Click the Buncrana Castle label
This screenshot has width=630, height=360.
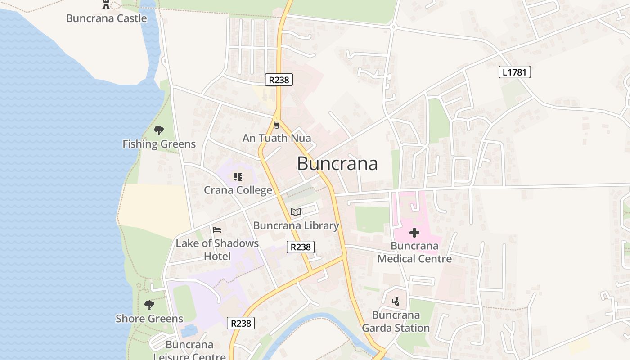pyautogui.click(x=106, y=18)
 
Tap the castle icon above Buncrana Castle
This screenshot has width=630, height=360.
pyautogui.click(x=106, y=5)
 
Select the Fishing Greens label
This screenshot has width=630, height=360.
pyautogui.click(x=159, y=144)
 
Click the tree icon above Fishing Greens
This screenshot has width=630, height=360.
pyautogui.click(x=158, y=130)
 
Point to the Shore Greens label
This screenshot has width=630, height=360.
pyautogui.click(x=149, y=319)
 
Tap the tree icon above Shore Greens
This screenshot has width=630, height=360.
pyautogui.click(x=149, y=305)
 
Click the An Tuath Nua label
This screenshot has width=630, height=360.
pyautogui.click(x=277, y=138)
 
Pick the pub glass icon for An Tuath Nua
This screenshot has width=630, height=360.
pyautogui.click(x=277, y=125)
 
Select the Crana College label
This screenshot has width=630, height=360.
pyautogui.click(x=238, y=190)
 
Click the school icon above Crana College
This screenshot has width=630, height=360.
pyautogui.click(x=238, y=177)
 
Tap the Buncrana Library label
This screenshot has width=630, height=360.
pyautogui.click(x=296, y=225)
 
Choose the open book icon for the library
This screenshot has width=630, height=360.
pyautogui.click(x=295, y=212)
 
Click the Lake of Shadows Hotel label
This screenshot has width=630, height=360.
pyautogui.click(x=217, y=250)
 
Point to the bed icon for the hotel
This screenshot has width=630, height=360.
pyautogui.click(x=217, y=230)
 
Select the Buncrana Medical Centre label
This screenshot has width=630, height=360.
pyautogui.click(x=414, y=252)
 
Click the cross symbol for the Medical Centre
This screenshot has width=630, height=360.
pyautogui.click(x=414, y=233)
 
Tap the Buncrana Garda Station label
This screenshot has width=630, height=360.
pyautogui.click(x=396, y=321)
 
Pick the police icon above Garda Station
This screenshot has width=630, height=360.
pyautogui.click(x=396, y=301)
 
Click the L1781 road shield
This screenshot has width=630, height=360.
pyautogui.click(x=515, y=72)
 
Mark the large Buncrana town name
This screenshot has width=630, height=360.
pyautogui.click(x=337, y=164)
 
